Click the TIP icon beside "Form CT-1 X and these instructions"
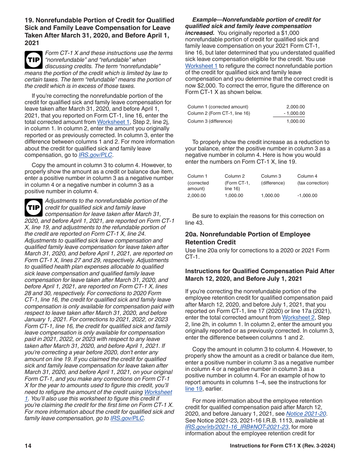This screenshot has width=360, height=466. pos(33,59)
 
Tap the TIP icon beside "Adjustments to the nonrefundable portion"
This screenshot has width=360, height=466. pos(33,208)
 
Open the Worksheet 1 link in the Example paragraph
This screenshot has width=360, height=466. pos(201,66)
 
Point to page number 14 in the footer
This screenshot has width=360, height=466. pos(28,446)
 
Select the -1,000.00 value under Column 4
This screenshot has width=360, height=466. pos(307,195)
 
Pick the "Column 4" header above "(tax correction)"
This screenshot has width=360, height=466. pos(307,176)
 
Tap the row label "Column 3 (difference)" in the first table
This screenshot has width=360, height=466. pos(210,121)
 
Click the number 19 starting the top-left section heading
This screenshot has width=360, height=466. pos(28,20)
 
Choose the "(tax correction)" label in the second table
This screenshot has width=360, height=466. pos(313,183)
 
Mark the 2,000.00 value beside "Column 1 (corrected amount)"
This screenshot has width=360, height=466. pos(295,107)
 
